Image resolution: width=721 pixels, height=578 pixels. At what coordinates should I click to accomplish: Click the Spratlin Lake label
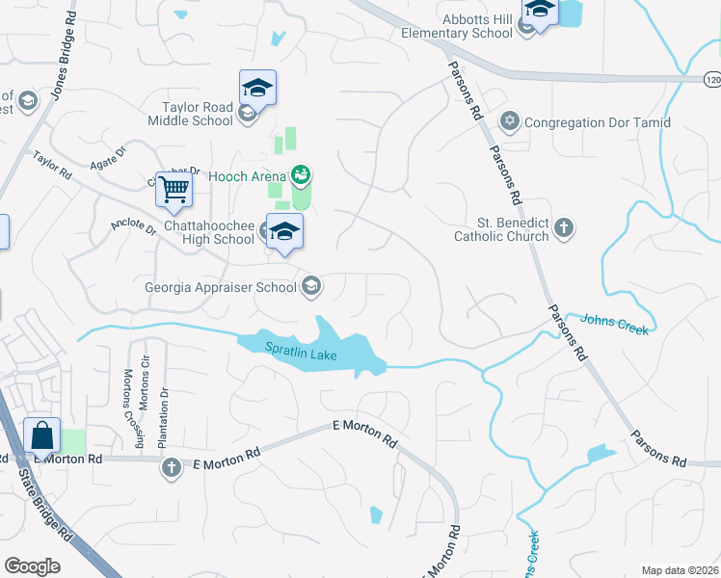(x=302, y=355)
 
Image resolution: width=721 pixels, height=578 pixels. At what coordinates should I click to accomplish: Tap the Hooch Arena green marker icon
(x=300, y=175)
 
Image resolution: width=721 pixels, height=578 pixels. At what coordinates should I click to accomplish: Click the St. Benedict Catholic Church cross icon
(x=564, y=228)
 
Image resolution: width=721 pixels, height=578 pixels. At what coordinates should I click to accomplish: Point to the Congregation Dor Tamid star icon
(x=508, y=122)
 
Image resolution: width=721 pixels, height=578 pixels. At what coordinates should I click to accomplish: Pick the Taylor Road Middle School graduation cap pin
(x=257, y=88)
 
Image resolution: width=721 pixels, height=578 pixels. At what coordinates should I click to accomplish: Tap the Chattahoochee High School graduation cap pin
(x=284, y=231)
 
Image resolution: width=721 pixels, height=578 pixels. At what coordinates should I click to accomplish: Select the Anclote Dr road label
(x=133, y=226)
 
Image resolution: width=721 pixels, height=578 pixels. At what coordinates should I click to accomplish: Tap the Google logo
(x=32, y=566)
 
